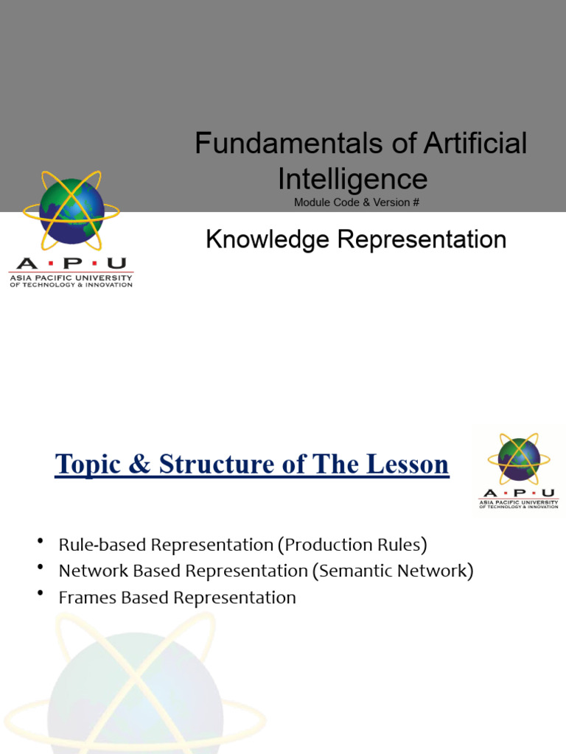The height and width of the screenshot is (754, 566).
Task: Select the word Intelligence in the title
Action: (352, 179)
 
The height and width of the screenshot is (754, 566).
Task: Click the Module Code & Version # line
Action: (357, 202)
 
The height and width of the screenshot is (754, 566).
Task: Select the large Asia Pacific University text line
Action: (71, 278)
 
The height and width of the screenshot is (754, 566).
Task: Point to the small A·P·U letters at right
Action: (519, 493)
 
